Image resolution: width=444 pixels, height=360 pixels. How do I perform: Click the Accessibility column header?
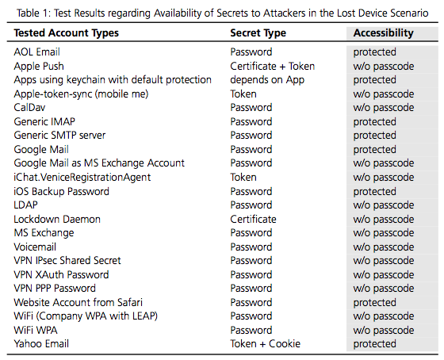click(383, 33)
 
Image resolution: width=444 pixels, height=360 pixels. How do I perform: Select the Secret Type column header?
click(258, 33)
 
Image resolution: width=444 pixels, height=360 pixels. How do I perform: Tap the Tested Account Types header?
click(67, 33)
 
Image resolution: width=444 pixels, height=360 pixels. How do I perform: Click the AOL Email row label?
click(36, 52)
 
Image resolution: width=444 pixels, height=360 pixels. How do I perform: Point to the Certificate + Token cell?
click(273, 66)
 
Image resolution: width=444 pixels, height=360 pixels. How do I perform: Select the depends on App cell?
click(267, 80)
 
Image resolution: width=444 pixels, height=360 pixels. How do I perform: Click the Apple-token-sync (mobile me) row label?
click(81, 94)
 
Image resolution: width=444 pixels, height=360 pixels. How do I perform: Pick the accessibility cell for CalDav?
click(384, 108)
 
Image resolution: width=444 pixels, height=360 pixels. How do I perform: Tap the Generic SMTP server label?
click(59, 135)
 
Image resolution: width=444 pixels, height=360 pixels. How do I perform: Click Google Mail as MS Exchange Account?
click(99, 163)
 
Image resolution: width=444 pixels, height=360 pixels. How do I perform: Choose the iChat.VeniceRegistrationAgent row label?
click(82, 177)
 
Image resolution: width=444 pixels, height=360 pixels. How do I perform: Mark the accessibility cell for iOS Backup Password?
click(374, 191)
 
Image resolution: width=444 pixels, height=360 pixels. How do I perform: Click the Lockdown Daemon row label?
click(57, 219)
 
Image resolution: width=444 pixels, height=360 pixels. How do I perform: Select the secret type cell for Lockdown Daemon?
click(253, 219)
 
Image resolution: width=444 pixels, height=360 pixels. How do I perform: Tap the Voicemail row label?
click(35, 247)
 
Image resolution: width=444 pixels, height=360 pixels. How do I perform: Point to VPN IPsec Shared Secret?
click(67, 260)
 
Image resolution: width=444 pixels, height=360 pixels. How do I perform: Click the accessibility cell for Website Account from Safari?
click(374, 302)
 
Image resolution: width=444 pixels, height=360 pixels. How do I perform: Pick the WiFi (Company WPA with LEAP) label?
click(86, 316)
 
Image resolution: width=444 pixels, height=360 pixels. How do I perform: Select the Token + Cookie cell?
click(265, 343)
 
